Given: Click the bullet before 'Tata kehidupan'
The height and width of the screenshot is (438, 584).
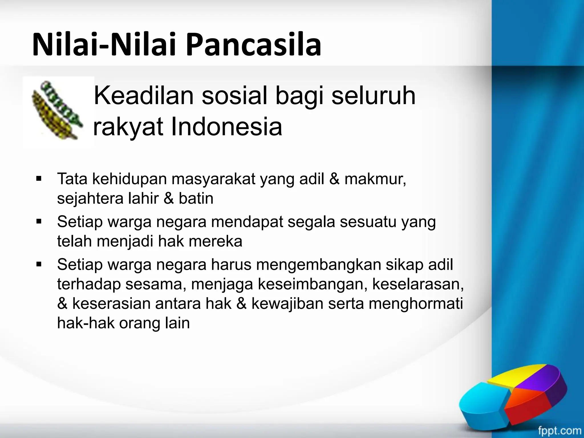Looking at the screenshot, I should pyautogui.click(x=39, y=179).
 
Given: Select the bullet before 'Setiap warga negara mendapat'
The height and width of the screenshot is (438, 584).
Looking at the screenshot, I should pyautogui.click(x=39, y=222).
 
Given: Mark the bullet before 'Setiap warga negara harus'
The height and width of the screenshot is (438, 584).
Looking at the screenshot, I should pyautogui.click(x=39, y=264).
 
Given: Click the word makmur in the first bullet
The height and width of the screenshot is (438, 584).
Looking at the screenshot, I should pyautogui.click(x=375, y=179).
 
